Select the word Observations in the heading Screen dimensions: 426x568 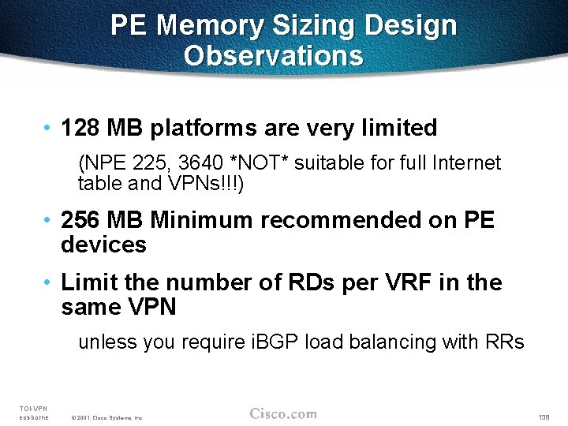[274, 56]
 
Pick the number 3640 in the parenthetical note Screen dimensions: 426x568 [200, 163]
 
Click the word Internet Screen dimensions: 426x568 [465, 163]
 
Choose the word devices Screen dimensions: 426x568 [103, 245]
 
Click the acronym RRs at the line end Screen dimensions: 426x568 [505, 342]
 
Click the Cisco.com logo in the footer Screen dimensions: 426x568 [283, 413]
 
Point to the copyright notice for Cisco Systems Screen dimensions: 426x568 [106, 417]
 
